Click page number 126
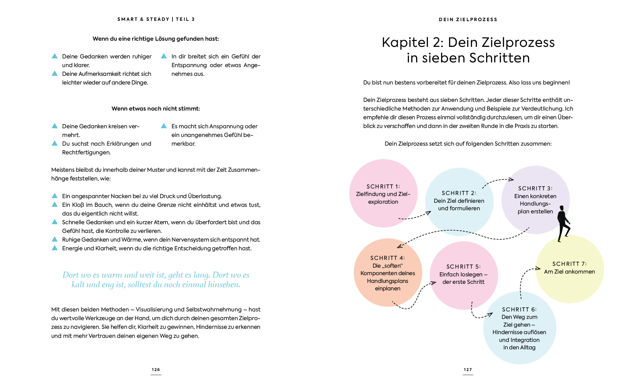[156, 369]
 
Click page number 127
[468, 369]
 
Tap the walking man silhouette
[563, 224]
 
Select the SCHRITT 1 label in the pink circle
[383, 187]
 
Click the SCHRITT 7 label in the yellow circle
[569, 264]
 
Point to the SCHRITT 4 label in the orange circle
[388, 258]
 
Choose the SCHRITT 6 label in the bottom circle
[519, 310]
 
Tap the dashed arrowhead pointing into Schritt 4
[399, 246]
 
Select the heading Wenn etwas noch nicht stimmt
[156, 109]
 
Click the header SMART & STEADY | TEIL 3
[156, 19]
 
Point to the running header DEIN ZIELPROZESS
[468, 20]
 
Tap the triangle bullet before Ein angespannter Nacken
[55, 196]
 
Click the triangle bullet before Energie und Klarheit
[55, 248]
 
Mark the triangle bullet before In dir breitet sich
[164, 56]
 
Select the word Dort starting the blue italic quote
[70, 275]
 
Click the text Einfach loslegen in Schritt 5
[461, 274]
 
